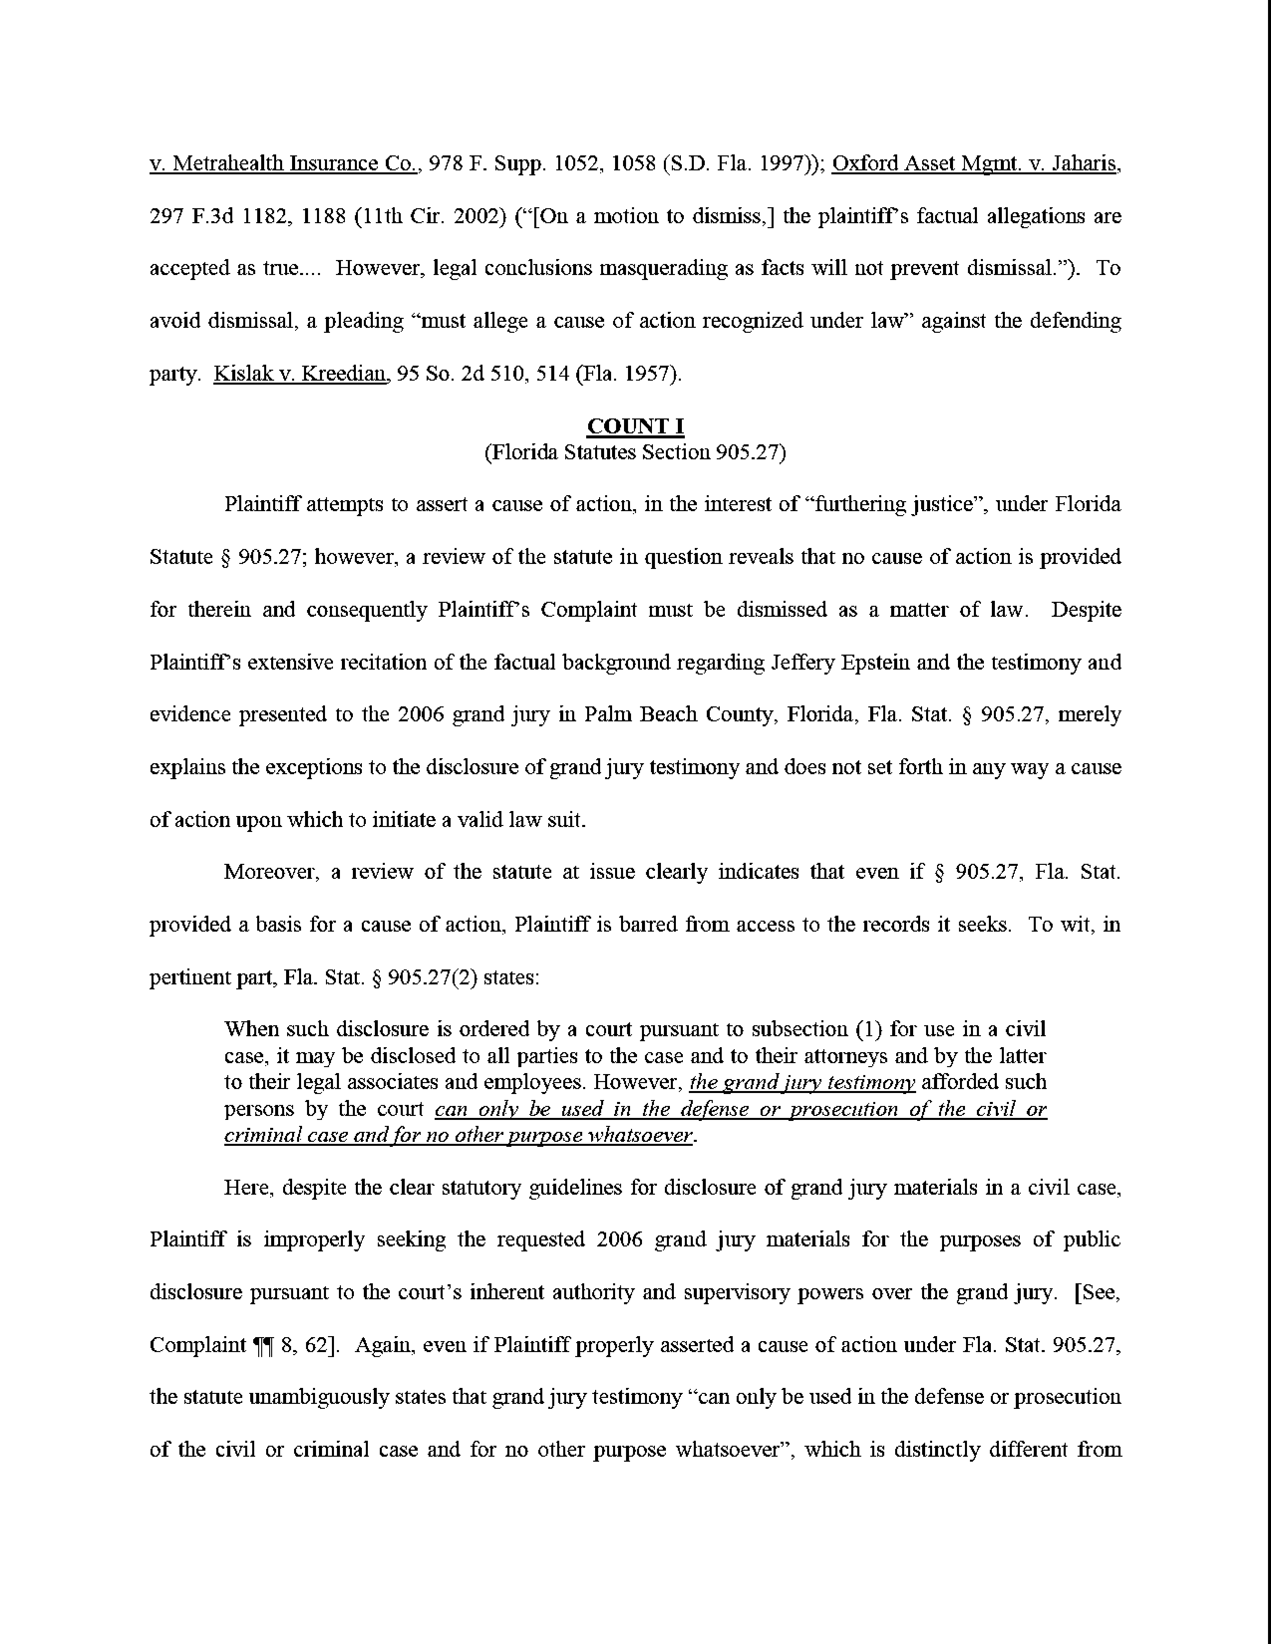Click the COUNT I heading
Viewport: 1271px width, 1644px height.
(x=635, y=427)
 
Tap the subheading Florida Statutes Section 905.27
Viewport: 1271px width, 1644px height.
(x=635, y=452)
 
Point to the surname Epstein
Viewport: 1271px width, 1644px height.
(x=870, y=663)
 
